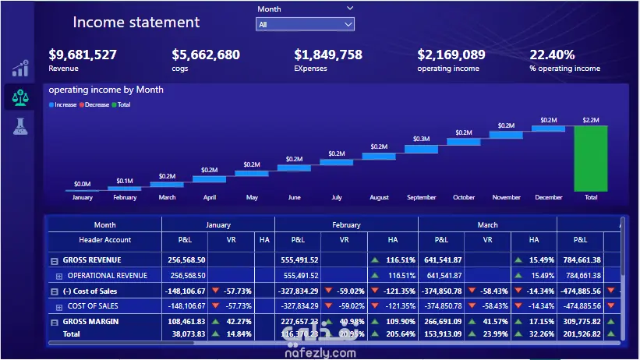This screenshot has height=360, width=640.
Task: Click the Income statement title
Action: click(136, 23)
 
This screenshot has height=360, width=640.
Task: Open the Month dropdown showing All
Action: click(306, 24)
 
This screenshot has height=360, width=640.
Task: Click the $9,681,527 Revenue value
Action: click(83, 55)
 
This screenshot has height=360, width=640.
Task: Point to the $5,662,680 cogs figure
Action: click(206, 55)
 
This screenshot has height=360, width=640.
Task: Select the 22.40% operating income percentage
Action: click(552, 55)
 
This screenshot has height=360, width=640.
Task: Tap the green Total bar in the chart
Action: click(590, 158)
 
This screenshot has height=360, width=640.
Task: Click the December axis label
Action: click(549, 197)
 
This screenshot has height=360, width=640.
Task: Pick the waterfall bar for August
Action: click(379, 155)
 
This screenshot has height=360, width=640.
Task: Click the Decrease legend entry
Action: click(97, 104)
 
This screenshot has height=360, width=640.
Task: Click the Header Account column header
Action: click(105, 240)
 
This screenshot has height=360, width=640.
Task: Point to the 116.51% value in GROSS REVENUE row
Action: click(400, 260)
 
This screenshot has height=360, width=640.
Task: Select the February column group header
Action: click(346, 225)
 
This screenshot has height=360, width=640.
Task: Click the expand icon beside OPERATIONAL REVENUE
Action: click(59, 276)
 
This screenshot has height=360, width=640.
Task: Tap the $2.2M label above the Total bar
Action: click(590, 120)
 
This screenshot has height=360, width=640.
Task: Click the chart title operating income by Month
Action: click(106, 90)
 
